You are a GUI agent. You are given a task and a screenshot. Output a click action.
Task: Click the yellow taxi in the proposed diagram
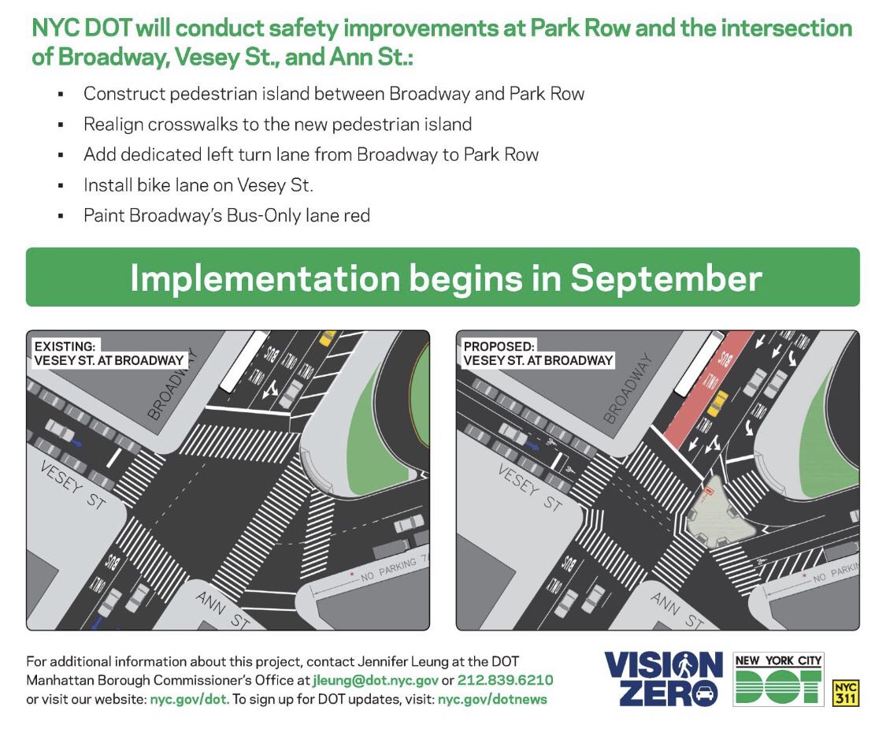(717, 404)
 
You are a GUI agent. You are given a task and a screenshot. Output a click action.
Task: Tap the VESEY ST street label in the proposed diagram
(531, 487)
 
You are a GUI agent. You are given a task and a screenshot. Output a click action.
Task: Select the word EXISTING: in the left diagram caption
(65, 346)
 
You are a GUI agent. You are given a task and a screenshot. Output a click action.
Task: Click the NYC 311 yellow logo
(846, 694)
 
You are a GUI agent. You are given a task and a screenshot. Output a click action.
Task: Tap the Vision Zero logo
(663, 679)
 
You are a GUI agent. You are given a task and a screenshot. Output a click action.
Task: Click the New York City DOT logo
(778, 679)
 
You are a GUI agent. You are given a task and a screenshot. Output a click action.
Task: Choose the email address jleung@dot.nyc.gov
(375, 680)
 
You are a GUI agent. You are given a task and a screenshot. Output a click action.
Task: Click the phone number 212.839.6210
(505, 680)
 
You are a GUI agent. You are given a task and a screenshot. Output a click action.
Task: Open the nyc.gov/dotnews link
(492, 700)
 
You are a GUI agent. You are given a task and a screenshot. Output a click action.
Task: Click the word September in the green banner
(666, 279)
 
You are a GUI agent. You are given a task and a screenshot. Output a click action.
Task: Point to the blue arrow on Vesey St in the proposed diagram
(532, 446)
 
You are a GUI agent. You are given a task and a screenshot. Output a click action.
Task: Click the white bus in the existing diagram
(243, 362)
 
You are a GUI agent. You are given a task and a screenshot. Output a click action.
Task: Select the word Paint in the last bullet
(103, 215)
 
